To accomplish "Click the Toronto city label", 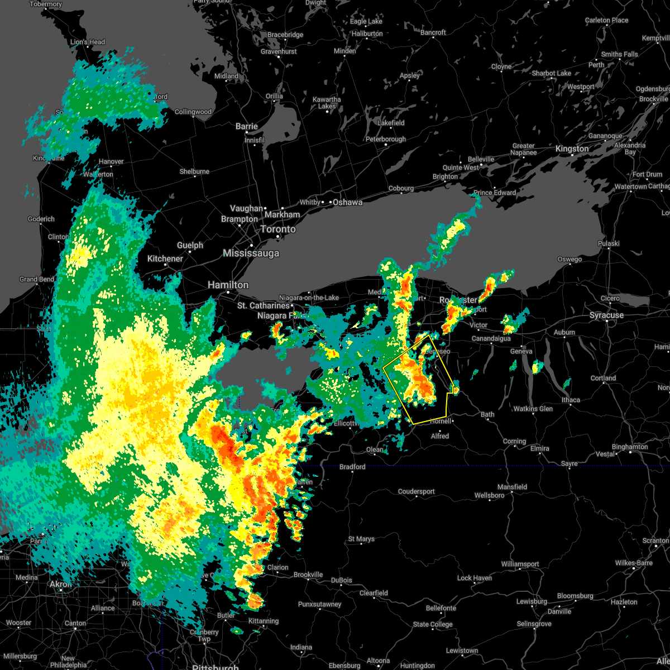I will click(x=277, y=229).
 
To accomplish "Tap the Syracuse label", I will click(x=606, y=315).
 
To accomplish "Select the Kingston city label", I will click(x=572, y=149).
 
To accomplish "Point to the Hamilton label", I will click(x=228, y=285).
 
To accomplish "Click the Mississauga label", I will click(x=251, y=253).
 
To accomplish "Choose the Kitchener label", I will click(x=165, y=259).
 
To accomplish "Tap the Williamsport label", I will click(x=520, y=564).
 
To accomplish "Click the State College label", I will click(x=433, y=624).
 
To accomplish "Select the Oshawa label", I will click(x=347, y=203).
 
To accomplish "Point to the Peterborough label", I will click(x=386, y=140).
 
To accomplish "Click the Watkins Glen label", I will click(x=533, y=409).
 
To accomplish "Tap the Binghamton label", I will click(x=630, y=447).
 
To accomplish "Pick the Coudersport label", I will click(x=416, y=492).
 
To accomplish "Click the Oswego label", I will click(x=569, y=260).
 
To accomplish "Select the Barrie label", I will click(x=246, y=127).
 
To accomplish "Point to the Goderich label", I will click(x=41, y=219).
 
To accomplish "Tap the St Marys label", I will click(x=361, y=539).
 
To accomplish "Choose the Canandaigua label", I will click(x=491, y=339).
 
